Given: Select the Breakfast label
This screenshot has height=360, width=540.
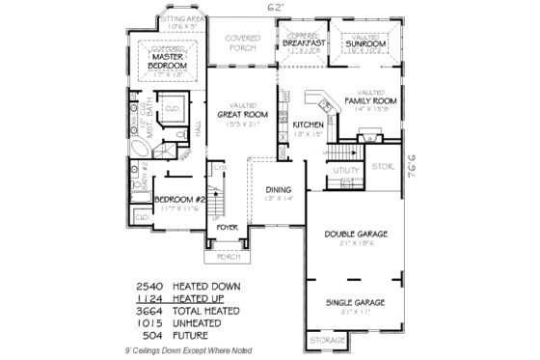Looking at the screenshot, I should pos(305,44).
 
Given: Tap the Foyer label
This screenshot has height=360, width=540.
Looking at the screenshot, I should pos(228,228).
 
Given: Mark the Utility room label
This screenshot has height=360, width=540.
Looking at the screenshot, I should pos(346,170).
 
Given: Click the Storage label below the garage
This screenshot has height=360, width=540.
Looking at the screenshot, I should pos(325,342).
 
